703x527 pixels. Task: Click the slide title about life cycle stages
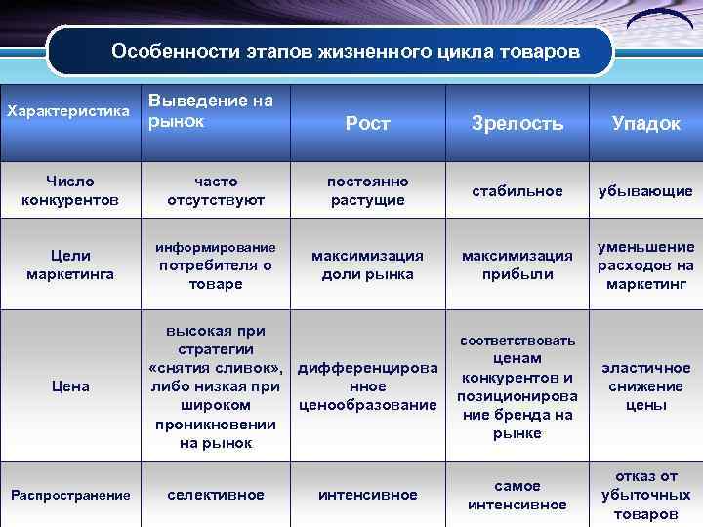click(x=331, y=50)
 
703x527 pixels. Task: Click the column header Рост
click(x=367, y=123)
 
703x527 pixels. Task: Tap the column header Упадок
click(x=645, y=123)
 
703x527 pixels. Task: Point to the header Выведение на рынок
click(x=210, y=110)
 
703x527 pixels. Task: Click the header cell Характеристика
click(x=68, y=110)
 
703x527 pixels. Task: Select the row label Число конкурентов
click(x=69, y=190)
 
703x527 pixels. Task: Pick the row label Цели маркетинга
click(x=69, y=264)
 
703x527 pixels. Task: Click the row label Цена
click(x=69, y=386)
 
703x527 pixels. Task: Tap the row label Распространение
click(x=69, y=495)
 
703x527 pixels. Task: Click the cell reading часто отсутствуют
click(x=216, y=190)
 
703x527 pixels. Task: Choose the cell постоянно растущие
click(x=367, y=190)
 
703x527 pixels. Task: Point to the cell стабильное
click(x=517, y=190)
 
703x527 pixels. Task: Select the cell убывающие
click(x=645, y=190)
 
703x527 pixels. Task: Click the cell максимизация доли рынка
click(x=367, y=264)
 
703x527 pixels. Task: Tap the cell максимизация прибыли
click(x=517, y=264)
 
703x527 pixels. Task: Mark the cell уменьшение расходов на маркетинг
click(x=645, y=264)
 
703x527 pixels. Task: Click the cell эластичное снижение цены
click(x=645, y=386)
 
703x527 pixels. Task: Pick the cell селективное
click(x=216, y=495)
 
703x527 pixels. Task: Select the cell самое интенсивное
click(x=517, y=495)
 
